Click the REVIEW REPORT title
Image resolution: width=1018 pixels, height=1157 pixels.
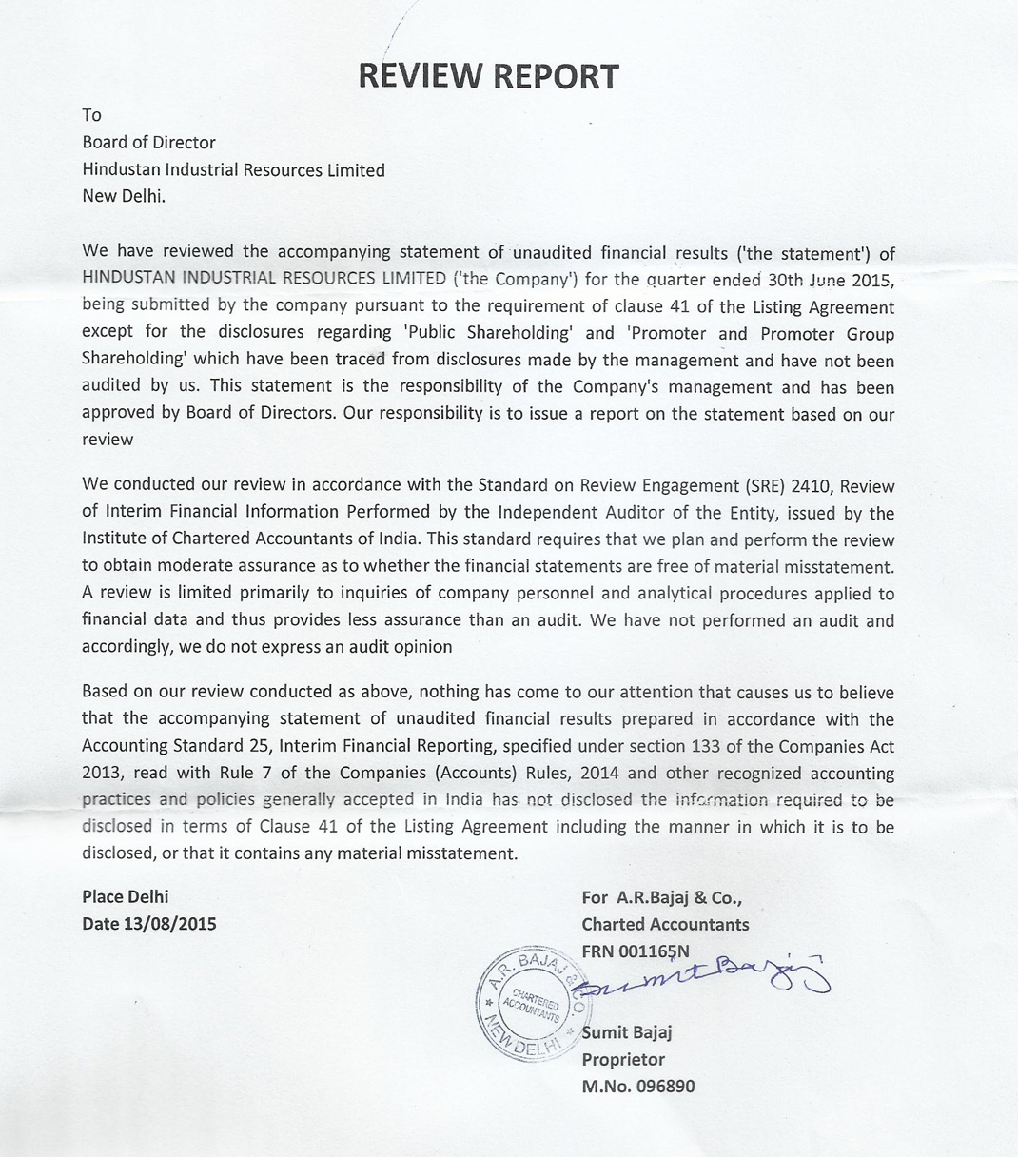488,76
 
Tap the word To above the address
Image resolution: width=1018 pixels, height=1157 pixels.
91,115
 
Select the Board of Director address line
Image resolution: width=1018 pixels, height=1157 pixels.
148,143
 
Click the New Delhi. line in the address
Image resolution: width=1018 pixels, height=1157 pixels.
124,197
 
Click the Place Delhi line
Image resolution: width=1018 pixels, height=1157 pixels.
125,896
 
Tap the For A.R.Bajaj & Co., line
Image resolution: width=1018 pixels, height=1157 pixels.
661,896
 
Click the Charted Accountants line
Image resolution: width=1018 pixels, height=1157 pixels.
665,924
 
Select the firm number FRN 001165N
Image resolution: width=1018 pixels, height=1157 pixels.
636,951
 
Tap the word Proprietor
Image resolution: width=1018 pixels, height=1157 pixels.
623,1059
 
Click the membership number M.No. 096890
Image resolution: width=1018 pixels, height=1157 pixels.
638,1086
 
